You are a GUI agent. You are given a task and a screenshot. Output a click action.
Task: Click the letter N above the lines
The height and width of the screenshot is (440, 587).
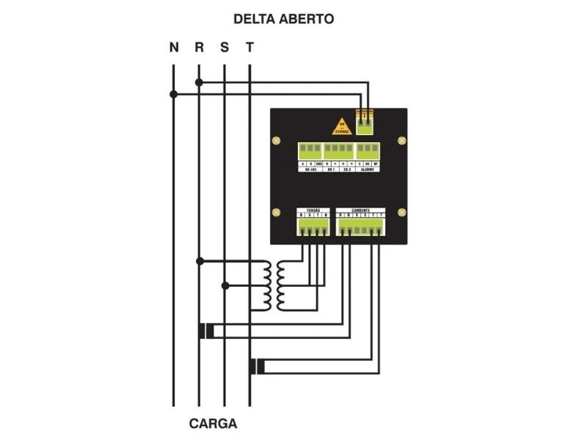pos(174,48)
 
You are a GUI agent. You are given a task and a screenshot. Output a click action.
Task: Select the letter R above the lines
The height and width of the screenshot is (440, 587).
pos(199,48)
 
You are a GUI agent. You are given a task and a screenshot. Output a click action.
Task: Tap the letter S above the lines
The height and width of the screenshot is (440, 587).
pos(225,48)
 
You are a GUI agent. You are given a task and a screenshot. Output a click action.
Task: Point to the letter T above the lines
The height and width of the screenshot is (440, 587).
pos(250,48)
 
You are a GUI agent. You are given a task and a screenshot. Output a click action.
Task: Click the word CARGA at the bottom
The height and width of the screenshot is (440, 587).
pos(213,424)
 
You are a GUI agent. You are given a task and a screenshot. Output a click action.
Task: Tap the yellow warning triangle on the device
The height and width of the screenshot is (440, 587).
pos(341,126)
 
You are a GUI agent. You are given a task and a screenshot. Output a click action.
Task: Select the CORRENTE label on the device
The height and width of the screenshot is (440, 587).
pos(360,210)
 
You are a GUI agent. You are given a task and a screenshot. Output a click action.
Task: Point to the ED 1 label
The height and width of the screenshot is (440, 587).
pos(330,169)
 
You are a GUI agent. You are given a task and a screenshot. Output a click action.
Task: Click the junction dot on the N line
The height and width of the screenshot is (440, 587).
pos(174,94)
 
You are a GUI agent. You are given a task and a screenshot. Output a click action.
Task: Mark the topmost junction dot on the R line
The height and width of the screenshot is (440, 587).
pos(199,82)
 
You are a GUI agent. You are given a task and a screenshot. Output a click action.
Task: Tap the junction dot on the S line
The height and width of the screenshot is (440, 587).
pos(225,285)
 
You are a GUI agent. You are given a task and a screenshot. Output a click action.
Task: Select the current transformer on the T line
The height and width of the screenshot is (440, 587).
pos(257,367)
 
